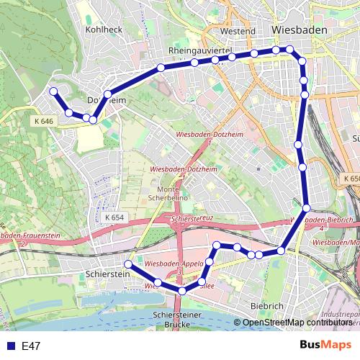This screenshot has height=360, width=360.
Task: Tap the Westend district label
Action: (x=238, y=32)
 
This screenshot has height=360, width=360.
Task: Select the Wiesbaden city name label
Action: (x=300, y=30)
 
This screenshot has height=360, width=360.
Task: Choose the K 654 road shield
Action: (x=114, y=217)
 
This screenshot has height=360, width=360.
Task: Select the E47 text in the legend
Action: (x=30, y=346)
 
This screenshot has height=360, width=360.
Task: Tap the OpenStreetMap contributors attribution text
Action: (x=297, y=322)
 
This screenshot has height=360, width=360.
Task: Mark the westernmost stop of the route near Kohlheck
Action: (x=53, y=91)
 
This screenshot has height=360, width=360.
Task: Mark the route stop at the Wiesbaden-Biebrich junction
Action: (x=306, y=208)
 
